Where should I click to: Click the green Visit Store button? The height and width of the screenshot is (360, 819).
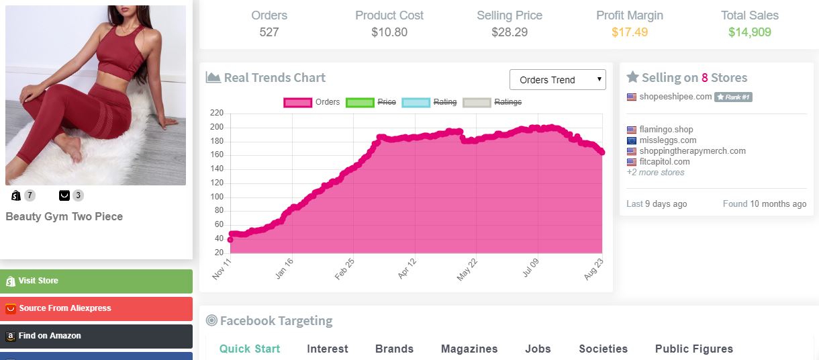pyautogui.click(x=96, y=281)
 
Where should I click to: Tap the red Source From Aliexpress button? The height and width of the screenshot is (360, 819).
pyautogui.click(x=96, y=308)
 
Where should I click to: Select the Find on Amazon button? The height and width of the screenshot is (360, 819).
pyautogui.click(x=96, y=336)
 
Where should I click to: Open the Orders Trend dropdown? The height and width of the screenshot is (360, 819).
pyautogui.click(x=557, y=80)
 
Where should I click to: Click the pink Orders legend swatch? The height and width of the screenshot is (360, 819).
pyautogui.click(x=298, y=102)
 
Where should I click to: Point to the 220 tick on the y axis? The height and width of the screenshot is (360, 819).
pyautogui.click(x=217, y=114)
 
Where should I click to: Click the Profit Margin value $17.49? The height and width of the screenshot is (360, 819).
pyautogui.click(x=629, y=32)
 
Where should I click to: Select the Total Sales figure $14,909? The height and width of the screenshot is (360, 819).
pyautogui.click(x=749, y=32)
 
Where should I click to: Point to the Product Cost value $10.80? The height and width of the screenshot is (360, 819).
pyautogui.click(x=389, y=32)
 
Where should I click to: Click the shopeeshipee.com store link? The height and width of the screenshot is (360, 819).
pyautogui.click(x=675, y=97)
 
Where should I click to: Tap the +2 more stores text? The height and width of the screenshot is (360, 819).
pyautogui.click(x=655, y=173)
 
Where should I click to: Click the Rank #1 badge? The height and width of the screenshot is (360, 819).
pyautogui.click(x=733, y=97)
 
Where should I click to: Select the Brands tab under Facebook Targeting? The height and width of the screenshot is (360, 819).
pyautogui.click(x=394, y=349)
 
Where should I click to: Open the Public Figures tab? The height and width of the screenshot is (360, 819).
pyautogui.click(x=693, y=349)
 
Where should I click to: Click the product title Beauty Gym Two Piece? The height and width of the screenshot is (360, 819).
pyautogui.click(x=64, y=217)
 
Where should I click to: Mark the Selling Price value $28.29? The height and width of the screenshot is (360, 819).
pyautogui.click(x=510, y=32)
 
